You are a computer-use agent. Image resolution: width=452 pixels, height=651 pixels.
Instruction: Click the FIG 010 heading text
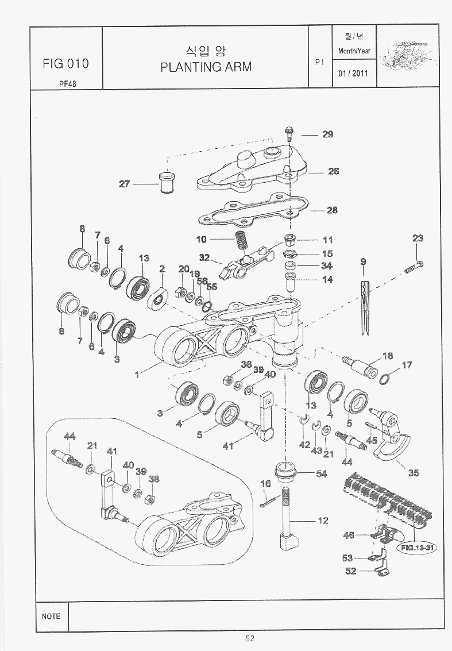click(x=65, y=63)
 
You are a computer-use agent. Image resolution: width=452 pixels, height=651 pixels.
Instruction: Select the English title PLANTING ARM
click(x=206, y=67)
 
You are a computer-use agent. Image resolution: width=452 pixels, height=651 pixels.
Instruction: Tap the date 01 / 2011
click(x=353, y=74)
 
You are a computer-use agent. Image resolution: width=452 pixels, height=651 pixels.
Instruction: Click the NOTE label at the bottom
click(x=51, y=616)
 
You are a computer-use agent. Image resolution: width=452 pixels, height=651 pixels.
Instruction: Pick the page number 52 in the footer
click(x=249, y=638)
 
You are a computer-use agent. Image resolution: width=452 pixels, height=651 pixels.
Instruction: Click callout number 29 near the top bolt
click(x=327, y=134)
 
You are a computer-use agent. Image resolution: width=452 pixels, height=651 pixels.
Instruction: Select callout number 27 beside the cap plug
click(x=125, y=184)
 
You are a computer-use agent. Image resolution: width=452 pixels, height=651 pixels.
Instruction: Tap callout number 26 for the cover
click(x=333, y=171)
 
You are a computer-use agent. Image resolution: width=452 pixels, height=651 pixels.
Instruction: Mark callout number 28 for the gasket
click(x=332, y=210)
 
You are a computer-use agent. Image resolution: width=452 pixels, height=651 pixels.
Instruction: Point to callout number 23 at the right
click(x=418, y=238)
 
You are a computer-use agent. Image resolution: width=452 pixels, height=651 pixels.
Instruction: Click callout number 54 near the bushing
click(x=322, y=473)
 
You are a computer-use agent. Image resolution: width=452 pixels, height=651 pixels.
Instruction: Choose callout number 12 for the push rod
click(x=323, y=521)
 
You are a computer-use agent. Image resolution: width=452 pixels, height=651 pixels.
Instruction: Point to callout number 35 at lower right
click(x=413, y=473)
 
